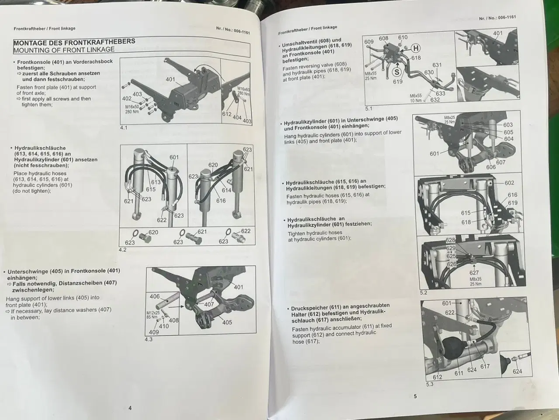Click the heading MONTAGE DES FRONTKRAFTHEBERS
pos(74,42)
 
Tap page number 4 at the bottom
pos(130,408)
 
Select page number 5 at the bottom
pos(415,396)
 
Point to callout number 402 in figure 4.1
pos(127,99)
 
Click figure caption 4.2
pos(123,250)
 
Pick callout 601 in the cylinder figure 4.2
pos(174,157)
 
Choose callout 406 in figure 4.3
pos(155,297)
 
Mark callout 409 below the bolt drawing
pos(154,332)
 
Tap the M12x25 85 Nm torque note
pos(152,315)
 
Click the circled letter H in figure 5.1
pos(416,48)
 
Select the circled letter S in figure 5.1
pos(397,72)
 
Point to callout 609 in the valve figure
pos(369,42)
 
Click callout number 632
pos(435,100)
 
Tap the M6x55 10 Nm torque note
pos(415,98)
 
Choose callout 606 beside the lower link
pos(491,167)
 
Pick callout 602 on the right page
pos(509,183)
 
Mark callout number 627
pos(474,273)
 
